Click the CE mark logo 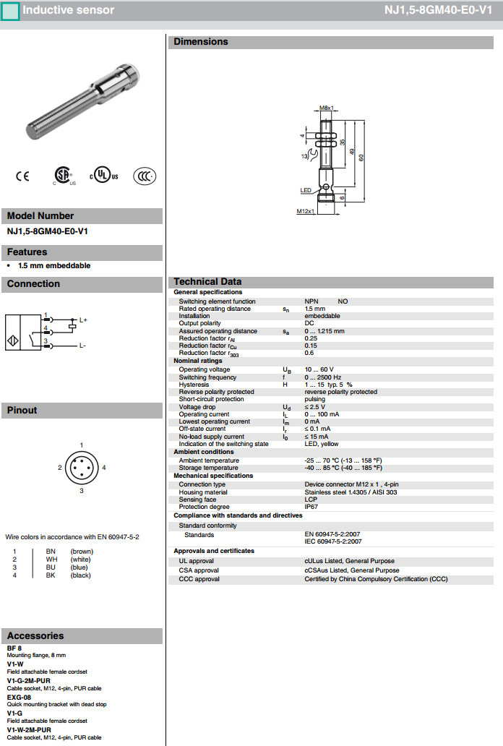22,176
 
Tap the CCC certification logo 145,176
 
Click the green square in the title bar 10,10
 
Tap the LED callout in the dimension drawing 306,190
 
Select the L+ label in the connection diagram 83,320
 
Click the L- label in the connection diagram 83,346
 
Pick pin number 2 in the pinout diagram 61,468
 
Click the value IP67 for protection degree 311,507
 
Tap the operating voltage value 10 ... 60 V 319,369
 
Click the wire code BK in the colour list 51,575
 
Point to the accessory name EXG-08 19,698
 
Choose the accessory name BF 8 14,648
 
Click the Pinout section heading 22,411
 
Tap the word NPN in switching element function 311,301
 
